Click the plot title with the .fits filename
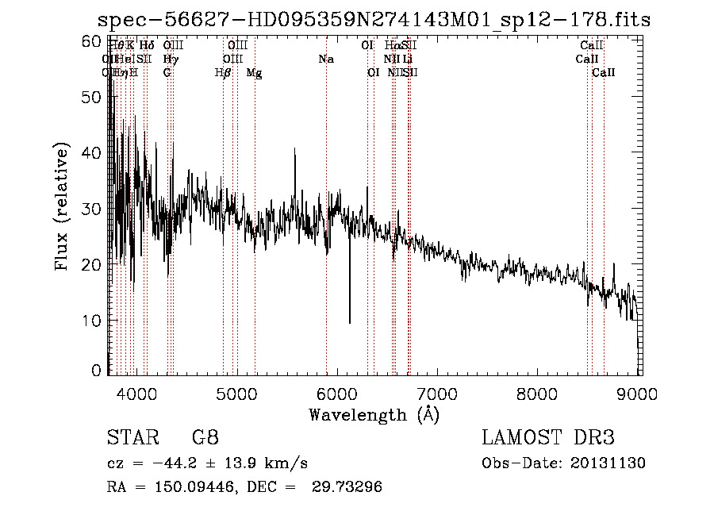click(x=373, y=20)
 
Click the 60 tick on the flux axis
click(x=92, y=41)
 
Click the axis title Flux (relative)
click(x=63, y=207)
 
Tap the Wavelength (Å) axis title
click(x=374, y=414)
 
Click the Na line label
click(x=326, y=59)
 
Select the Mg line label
click(x=254, y=73)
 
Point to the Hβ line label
click(x=223, y=73)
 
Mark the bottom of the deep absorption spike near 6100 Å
click(x=349, y=322)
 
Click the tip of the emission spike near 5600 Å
click(x=295, y=148)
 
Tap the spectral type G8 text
click(x=205, y=437)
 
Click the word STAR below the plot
click(x=127, y=437)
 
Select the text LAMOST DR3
click(x=548, y=437)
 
